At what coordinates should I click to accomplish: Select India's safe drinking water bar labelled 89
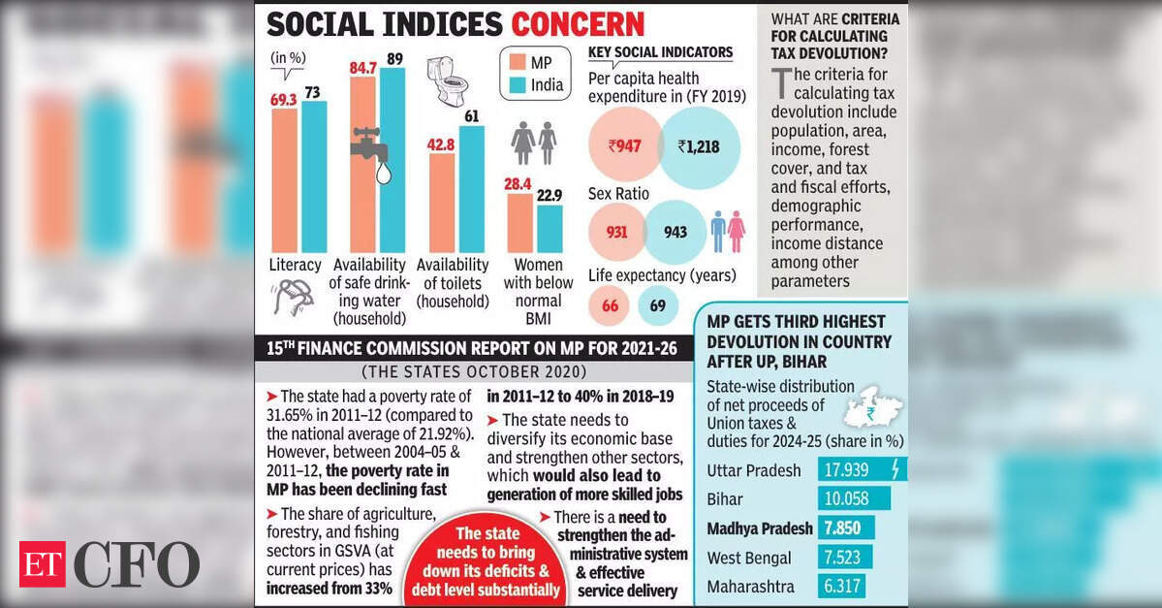(x=393, y=165)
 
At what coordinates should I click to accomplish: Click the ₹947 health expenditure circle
(x=624, y=147)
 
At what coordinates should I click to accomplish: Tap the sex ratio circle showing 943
(x=675, y=233)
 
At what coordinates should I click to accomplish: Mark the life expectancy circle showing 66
(x=611, y=306)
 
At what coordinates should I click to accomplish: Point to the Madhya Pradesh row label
(x=759, y=528)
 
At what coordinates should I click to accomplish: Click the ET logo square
(x=43, y=564)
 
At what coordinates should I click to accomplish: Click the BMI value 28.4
(x=518, y=184)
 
